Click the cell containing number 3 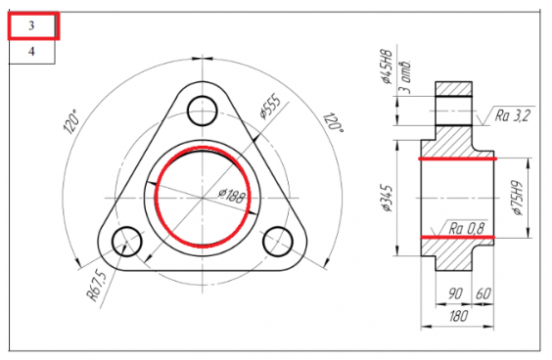point(32,25)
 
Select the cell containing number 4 point(31,52)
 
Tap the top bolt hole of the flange point(202,111)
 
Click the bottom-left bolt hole point(126,242)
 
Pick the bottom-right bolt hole point(278,242)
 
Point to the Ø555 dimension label point(270,107)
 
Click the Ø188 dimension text point(231,196)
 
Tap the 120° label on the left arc point(70,121)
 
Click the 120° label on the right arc point(333,121)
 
